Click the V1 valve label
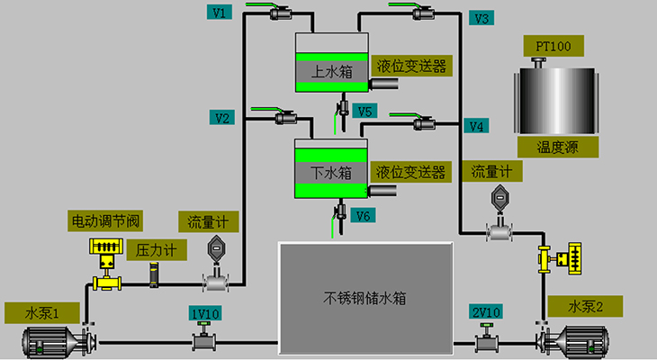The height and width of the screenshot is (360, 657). tap(220, 12)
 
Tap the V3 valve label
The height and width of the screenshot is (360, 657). tap(481, 17)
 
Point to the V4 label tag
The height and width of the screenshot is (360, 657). tap(478, 125)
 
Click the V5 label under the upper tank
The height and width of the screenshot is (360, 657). tap(364, 111)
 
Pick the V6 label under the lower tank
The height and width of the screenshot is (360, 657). tap(364, 215)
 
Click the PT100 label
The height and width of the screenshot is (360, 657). tap(553, 45)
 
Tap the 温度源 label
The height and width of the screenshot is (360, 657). tap(555, 146)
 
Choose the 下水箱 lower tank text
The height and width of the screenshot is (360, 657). tap(331, 170)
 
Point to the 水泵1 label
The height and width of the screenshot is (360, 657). tap(41, 313)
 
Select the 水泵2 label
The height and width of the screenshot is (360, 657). tap(584, 306)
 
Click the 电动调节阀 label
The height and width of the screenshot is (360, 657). tap(106, 220)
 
